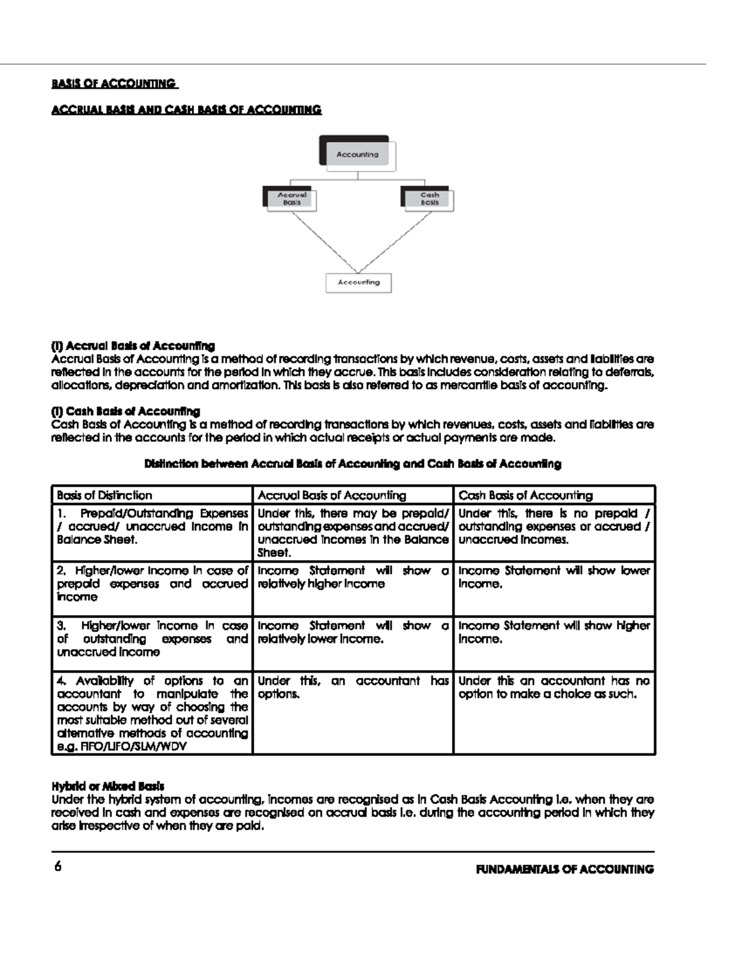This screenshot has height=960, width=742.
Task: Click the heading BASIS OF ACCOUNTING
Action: (114, 83)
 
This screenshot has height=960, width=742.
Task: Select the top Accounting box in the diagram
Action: (357, 154)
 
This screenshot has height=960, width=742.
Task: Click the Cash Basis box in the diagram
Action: (429, 199)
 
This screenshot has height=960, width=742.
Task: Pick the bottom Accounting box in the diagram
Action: (359, 282)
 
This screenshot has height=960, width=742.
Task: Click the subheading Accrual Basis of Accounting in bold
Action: (133, 346)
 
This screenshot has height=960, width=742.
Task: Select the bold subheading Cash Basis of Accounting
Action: (126, 411)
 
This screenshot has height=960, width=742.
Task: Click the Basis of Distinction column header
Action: (104, 495)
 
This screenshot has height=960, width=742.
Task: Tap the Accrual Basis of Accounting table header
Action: (332, 495)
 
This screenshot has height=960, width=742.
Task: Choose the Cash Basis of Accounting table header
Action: (526, 495)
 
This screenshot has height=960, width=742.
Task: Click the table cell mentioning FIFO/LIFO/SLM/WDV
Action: (152, 713)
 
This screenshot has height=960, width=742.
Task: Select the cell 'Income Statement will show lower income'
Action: (554, 577)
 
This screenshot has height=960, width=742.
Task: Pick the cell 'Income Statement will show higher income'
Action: (554, 632)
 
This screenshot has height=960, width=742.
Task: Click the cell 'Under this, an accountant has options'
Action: (353, 687)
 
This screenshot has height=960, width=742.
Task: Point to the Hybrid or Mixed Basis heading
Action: (108, 786)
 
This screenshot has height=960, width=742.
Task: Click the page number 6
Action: (58, 867)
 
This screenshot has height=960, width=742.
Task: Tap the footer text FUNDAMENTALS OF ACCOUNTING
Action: (565, 869)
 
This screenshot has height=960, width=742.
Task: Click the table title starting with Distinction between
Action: (352, 464)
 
